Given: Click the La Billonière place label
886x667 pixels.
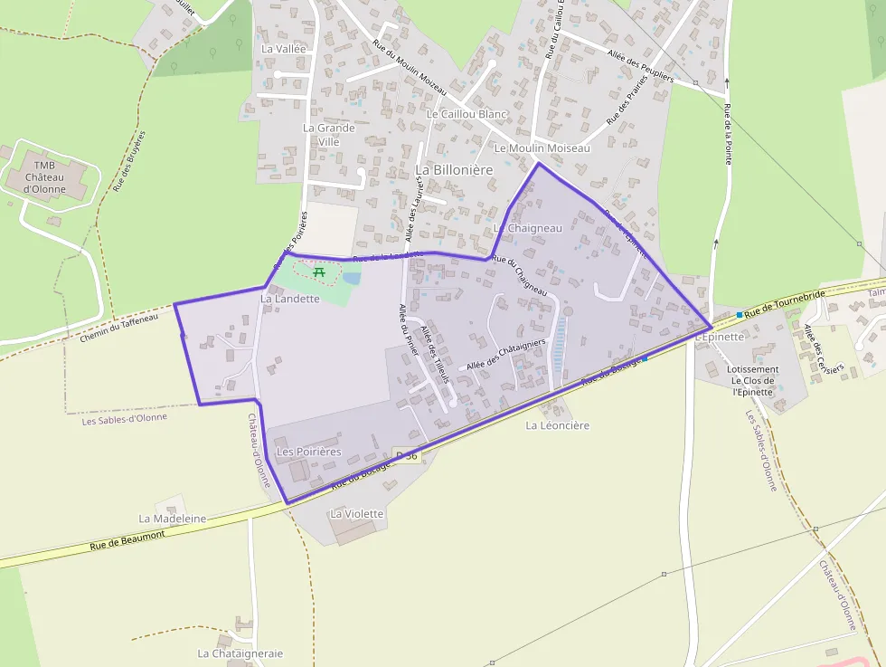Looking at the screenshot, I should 454,169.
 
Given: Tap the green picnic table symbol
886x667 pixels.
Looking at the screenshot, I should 318,271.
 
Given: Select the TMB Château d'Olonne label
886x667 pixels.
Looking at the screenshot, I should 45,177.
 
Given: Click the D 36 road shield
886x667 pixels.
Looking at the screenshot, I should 407,455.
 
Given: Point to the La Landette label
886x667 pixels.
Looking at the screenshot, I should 290,298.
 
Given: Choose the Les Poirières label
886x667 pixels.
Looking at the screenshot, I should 308,451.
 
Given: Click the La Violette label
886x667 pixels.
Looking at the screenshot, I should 357,513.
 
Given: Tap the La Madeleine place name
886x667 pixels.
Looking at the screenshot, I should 172,519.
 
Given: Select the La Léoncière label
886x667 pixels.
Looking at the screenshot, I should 557,425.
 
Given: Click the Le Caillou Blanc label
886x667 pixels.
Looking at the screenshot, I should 467,114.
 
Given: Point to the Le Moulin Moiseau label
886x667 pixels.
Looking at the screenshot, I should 542,148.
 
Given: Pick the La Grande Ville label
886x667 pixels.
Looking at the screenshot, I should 328,134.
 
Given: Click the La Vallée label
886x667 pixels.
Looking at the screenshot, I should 284,48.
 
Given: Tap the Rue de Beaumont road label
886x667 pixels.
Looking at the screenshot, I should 127,541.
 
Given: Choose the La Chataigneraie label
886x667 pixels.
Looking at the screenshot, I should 240,653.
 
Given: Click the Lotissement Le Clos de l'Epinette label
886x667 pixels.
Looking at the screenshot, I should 752,380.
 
